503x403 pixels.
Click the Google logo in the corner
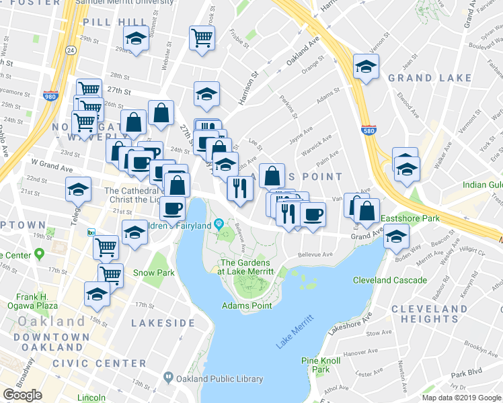[x=22, y=395]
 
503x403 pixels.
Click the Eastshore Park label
[x=410, y=218]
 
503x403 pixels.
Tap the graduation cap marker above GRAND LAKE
[x=366, y=66]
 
